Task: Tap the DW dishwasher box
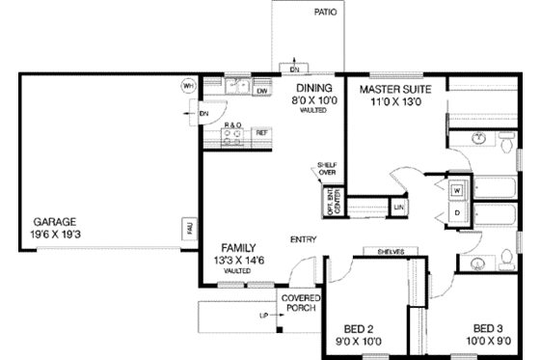point(261,92)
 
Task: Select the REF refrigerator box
point(260,131)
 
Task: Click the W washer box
point(458,189)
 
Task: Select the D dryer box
point(458,211)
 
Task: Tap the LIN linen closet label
point(398,207)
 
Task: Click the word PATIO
point(325,14)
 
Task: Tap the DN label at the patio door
point(295,69)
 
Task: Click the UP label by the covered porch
point(261,316)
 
